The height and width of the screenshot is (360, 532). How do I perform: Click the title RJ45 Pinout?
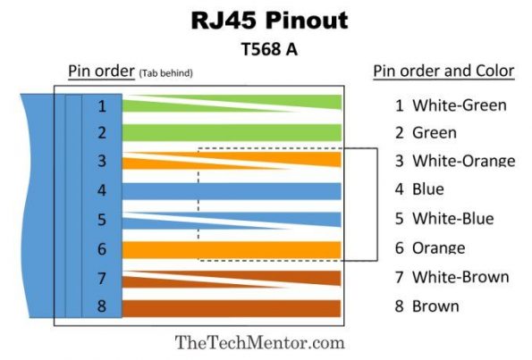tap(266, 21)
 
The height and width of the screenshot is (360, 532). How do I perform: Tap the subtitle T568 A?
tap(266, 50)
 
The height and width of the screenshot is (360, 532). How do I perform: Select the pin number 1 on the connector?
tap(102, 106)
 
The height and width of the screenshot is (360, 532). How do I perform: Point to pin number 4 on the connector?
tap(102, 190)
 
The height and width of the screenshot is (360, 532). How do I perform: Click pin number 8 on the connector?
tap(102, 307)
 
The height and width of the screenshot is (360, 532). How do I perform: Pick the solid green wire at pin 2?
tap(232, 133)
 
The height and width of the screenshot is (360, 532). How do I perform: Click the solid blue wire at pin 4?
tap(232, 190)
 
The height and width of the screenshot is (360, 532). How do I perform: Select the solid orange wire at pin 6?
tap(232, 249)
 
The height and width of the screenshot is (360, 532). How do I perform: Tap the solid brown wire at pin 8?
tap(232, 308)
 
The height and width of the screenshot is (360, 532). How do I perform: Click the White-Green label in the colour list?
tap(459, 105)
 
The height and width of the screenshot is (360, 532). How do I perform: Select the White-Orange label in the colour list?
tap(462, 162)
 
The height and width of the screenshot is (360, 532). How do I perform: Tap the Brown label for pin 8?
tap(435, 306)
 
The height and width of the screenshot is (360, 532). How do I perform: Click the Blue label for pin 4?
tap(427, 189)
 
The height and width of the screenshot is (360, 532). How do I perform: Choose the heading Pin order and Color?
tap(443, 71)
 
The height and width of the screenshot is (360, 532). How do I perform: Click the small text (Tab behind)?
tap(165, 72)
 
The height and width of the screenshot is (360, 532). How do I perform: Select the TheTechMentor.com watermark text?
tap(259, 342)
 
